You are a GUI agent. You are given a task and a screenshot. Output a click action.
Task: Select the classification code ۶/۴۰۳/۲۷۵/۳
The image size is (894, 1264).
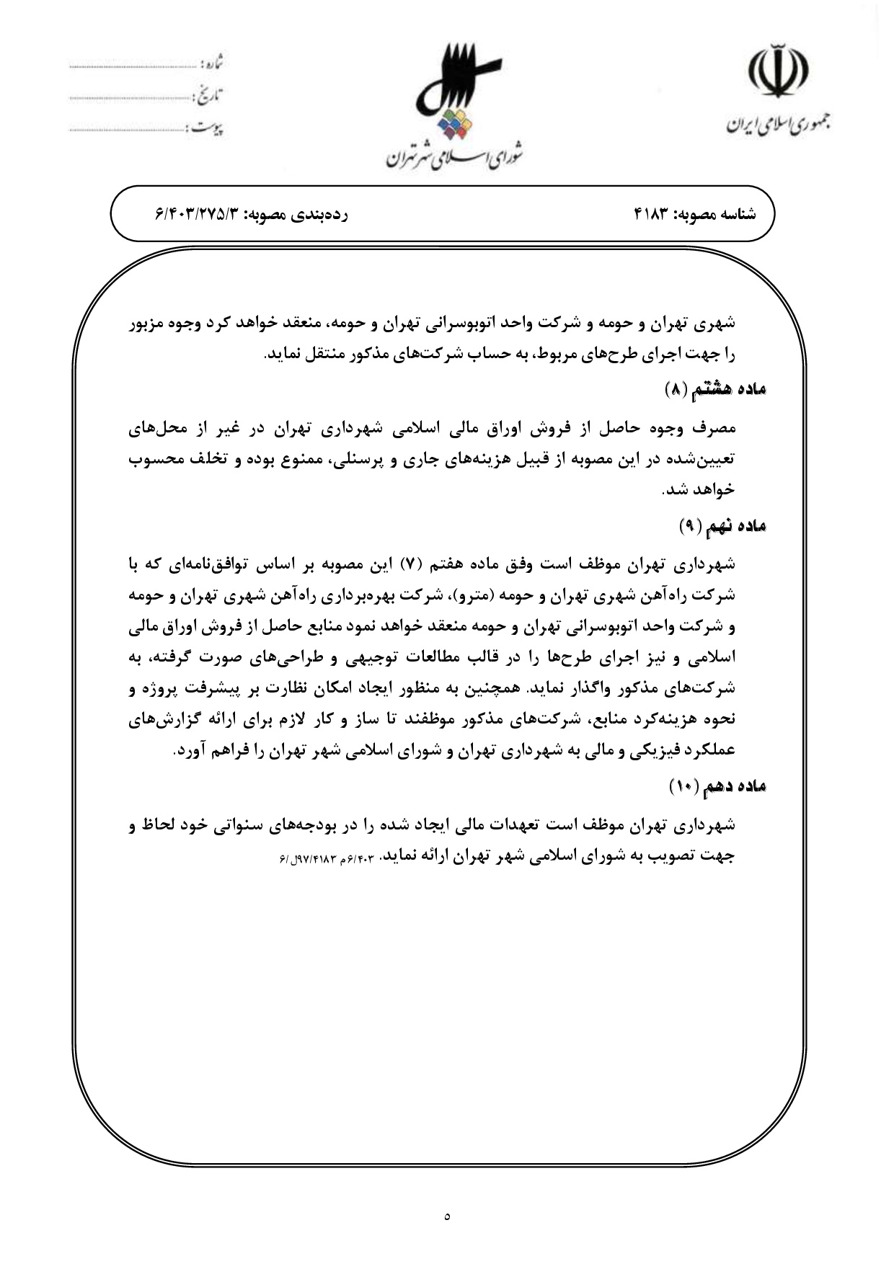click(x=196, y=215)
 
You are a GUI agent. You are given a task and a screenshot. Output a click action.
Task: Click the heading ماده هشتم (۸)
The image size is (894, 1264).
click(x=714, y=390)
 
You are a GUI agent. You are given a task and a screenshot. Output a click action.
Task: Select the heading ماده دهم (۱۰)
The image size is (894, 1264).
click(x=717, y=786)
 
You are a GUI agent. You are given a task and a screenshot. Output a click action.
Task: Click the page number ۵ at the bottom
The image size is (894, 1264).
click(x=447, y=1216)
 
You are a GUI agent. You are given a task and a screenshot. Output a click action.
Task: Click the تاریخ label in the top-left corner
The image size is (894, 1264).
click(x=208, y=94)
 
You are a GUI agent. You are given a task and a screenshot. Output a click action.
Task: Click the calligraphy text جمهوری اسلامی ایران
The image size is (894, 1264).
click(x=777, y=125)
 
